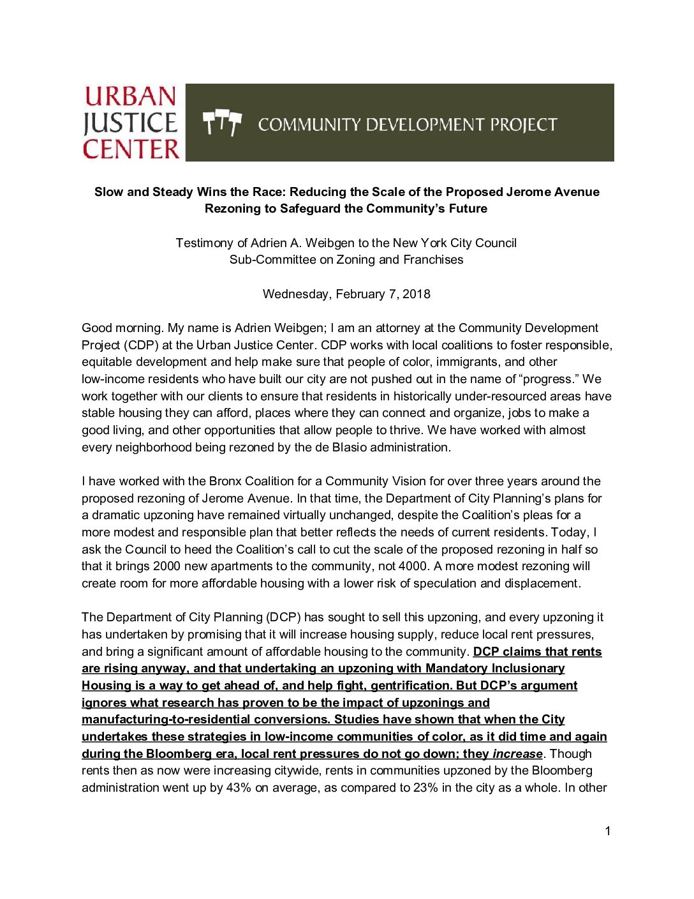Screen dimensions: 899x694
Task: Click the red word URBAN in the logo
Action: [131, 96]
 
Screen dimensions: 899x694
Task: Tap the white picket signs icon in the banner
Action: [222, 123]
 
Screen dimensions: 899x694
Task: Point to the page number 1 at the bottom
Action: [608, 831]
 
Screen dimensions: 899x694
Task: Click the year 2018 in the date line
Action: [417, 294]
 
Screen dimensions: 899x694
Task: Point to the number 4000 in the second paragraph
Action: [413, 566]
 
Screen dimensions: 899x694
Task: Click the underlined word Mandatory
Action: [456, 669]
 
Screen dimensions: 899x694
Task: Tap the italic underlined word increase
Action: [517, 754]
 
